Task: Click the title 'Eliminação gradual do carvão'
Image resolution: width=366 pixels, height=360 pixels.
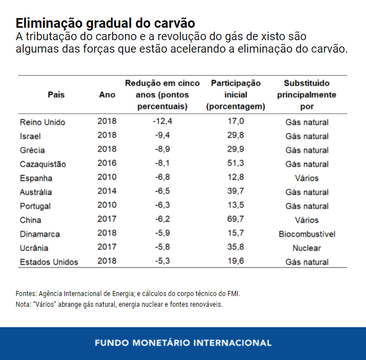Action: pyautogui.click(x=105, y=24)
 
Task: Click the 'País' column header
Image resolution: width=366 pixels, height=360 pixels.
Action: pyautogui.click(x=56, y=95)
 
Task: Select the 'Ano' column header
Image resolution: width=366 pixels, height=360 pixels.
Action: pyautogui.click(x=107, y=95)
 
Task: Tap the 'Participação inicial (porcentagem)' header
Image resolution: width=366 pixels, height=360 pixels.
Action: pyautogui.click(x=236, y=95)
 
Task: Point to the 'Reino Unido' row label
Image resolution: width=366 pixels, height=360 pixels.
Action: pyautogui.click(x=42, y=122)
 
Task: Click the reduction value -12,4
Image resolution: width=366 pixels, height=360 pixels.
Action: pyautogui.click(x=162, y=122)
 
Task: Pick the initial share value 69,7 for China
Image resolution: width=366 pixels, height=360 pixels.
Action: pyautogui.click(x=235, y=220)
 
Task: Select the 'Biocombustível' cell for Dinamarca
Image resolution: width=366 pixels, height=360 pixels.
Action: pyautogui.click(x=307, y=234)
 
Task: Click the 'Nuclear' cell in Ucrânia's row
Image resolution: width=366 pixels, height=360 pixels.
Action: pyautogui.click(x=307, y=248)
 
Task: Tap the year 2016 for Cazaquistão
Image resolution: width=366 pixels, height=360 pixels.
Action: pyautogui.click(x=107, y=164)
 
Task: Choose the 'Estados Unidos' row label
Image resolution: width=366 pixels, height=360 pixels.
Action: pyautogui.click(x=49, y=262)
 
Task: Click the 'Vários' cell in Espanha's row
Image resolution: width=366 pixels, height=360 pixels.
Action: pyautogui.click(x=307, y=178)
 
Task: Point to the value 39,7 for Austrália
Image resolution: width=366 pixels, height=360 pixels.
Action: pyautogui.click(x=235, y=192)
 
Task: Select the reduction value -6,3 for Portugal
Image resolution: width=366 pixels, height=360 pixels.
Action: pyautogui.click(x=162, y=206)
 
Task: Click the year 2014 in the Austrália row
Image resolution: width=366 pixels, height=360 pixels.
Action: pyautogui.click(x=107, y=192)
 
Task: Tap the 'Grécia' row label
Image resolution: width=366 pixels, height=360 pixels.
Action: pyautogui.click(x=32, y=150)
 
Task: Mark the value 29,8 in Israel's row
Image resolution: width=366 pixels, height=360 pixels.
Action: pyautogui.click(x=235, y=136)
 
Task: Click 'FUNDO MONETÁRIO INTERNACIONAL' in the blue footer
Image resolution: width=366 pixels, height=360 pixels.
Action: pyautogui.click(x=183, y=342)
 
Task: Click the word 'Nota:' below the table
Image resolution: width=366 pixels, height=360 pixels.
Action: pyautogui.click(x=24, y=304)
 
